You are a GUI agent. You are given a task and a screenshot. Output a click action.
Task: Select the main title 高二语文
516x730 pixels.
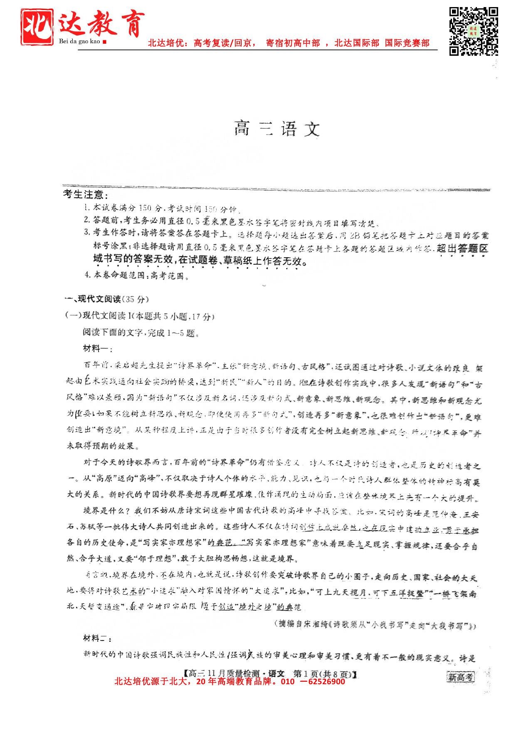point(277,129)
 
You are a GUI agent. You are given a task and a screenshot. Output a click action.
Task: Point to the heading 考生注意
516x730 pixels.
point(85,194)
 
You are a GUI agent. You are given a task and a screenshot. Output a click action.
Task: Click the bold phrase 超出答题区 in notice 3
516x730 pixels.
point(462,248)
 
